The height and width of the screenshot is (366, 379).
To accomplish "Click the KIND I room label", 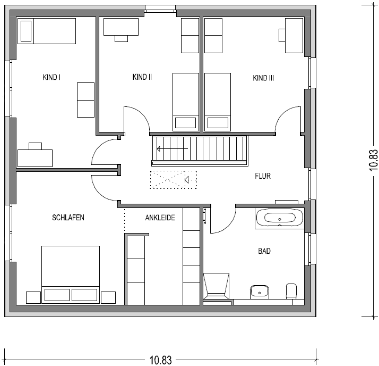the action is [x=51, y=77].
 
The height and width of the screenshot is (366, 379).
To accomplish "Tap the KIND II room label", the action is [x=142, y=77].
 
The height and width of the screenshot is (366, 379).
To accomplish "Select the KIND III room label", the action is [x=263, y=78].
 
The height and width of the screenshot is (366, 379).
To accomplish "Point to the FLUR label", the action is [x=263, y=176].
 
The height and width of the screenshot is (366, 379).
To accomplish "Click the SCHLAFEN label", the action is [x=68, y=218].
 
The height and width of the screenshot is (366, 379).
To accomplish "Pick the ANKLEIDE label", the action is [x=160, y=218].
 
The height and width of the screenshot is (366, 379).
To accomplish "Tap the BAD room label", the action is [x=264, y=251].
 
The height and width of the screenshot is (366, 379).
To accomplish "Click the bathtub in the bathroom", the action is [x=279, y=219].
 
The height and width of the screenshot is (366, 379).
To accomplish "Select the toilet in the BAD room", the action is [x=291, y=292].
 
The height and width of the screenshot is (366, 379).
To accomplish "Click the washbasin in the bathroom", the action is [x=260, y=292].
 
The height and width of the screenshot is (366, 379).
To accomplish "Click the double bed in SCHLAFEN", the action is [x=71, y=274].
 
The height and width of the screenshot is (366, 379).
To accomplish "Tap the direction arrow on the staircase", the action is [x=172, y=149].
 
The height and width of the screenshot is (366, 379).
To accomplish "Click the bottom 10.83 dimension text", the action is [x=161, y=360].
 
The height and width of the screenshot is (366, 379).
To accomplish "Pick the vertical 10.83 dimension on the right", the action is [x=373, y=160].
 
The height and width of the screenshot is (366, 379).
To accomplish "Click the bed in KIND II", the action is [x=186, y=102].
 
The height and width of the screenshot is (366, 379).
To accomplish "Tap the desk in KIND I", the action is [x=35, y=155].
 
